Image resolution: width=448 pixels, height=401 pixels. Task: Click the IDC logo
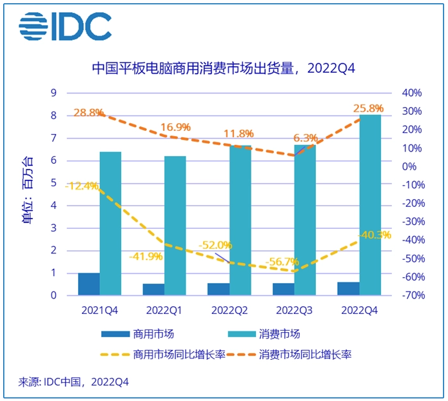[x=65, y=26]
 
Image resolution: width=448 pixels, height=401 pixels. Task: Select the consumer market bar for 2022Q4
[x=370, y=205]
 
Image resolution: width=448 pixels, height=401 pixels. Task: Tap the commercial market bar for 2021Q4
[x=88, y=284]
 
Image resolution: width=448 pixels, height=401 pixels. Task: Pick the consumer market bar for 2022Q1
[x=175, y=226]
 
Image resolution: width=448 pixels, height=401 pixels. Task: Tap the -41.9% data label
[x=146, y=256]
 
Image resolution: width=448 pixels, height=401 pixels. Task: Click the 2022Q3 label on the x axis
[x=294, y=310]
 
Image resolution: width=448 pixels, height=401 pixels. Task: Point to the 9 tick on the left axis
[x=54, y=93]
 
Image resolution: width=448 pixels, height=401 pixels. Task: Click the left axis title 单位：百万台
[x=26, y=194]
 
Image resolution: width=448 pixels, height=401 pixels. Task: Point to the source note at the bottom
[x=74, y=382]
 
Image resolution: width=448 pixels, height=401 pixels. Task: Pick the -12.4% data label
[x=82, y=186]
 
